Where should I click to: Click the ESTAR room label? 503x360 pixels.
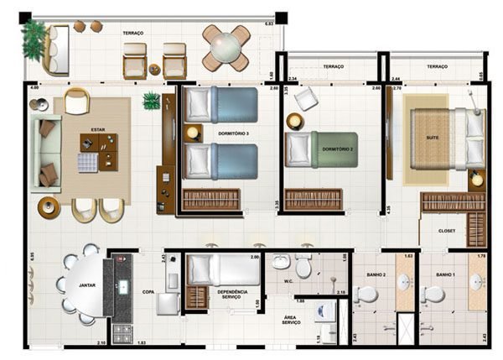91,130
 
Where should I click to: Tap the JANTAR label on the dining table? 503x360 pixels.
86,285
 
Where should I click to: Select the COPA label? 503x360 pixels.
148,292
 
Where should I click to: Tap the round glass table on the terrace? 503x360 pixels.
226,49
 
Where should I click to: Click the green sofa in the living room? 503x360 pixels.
47,153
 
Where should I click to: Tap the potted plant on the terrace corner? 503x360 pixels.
34,39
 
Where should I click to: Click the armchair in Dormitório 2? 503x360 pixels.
303,99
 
